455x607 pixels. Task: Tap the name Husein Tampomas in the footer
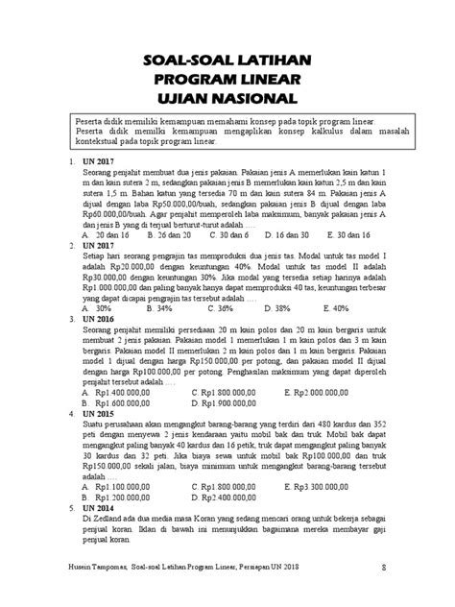pyautogui.click(x=104, y=594)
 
